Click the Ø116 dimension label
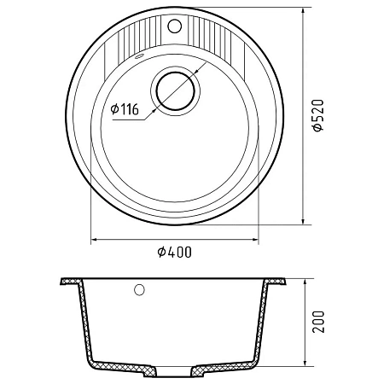[x=125, y=109]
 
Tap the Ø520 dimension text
[x=317, y=115]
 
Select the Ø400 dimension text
[x=175, y=252]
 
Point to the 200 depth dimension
[x=317, y=322]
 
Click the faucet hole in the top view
[x=175, y=26]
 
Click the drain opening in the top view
[x=175, y=91]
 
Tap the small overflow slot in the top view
[x=139, y=55]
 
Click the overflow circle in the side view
[x=139, y=290]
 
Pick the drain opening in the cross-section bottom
[x=174, y=370]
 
